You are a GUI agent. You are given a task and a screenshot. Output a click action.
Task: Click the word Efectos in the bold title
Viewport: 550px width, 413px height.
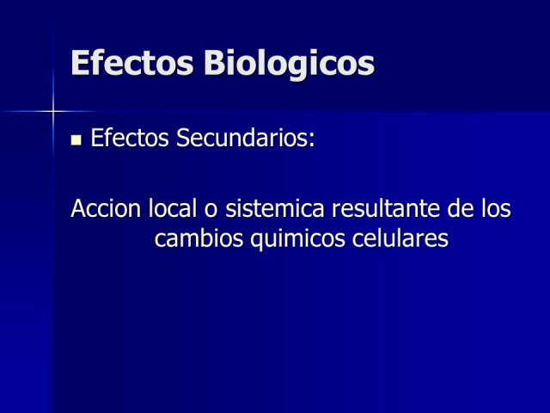pos(131,63)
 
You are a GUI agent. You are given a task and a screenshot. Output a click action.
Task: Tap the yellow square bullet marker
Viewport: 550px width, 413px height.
pos(76,140)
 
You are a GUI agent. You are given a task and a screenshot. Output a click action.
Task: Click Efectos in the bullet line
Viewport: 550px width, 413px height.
pos(130,138)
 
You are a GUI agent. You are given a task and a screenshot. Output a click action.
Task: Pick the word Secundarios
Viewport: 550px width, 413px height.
pos(241,138)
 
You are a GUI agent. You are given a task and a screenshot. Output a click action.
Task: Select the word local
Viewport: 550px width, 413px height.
pos(172,208)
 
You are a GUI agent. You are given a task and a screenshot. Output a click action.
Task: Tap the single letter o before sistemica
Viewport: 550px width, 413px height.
pos(211,211)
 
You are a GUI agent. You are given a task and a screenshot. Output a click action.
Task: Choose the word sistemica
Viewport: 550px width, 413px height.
pos(275,208)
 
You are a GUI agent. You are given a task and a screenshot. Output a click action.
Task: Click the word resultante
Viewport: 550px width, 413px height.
pos(386,208)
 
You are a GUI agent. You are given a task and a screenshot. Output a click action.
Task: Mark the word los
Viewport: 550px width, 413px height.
pos(496,208)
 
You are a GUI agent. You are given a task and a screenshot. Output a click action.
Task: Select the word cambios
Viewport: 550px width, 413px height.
pos(199,238)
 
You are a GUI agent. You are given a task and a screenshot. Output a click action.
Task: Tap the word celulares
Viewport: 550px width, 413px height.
pos(400,238)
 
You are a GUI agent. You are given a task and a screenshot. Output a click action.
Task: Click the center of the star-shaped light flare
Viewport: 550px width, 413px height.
pos(53,112)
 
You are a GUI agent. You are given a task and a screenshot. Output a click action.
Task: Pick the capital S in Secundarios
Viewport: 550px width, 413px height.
pos(182,138)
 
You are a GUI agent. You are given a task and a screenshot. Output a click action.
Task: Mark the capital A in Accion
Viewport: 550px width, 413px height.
pos(78,208)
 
